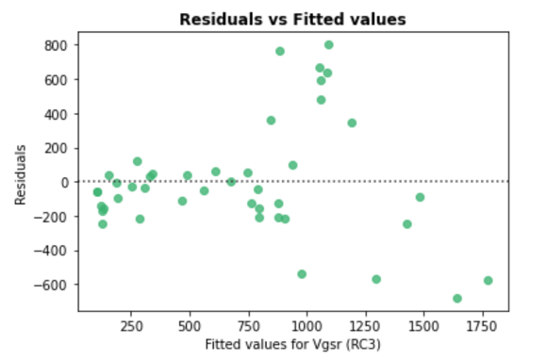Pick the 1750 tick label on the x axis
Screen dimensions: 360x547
click(481, 327)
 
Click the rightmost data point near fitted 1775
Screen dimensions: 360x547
click(488, 281)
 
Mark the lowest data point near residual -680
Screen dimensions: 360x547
click(457, 299)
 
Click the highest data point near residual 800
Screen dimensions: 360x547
click(328, 45)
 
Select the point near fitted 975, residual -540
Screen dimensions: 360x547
click(302, 274)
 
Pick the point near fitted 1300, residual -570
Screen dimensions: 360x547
click(376, 279)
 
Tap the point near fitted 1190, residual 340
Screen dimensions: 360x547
click(352, 123)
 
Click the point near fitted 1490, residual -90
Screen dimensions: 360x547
click(420, 197)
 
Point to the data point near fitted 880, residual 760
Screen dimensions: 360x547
click(280, 51)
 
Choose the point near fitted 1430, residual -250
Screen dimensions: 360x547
click(407, 224)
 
